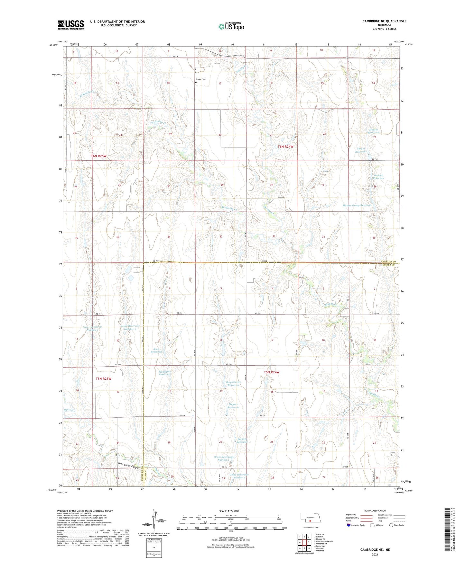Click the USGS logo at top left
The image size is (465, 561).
(71, 25)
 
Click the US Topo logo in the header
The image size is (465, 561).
(231, 26)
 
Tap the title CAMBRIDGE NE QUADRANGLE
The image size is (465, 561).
(384, 21)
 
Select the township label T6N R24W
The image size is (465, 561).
(286, 147)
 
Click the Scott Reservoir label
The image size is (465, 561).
(156, 350)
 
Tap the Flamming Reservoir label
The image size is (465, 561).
(164, 373)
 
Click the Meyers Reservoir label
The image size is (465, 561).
(233, 406)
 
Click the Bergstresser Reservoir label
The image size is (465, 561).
(233, 383)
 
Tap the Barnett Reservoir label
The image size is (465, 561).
(242, 441)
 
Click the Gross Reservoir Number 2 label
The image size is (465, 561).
(239, 476)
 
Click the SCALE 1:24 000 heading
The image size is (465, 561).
(229, 511)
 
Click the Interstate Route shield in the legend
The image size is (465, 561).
(349, 525)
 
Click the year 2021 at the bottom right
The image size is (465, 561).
(375, 555)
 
